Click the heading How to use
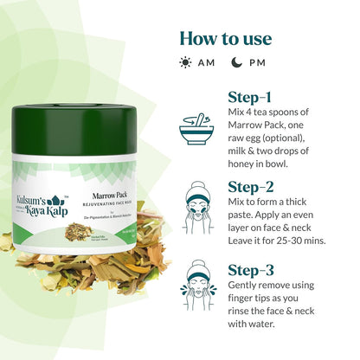[x=225, y=38]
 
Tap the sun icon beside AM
[x=185, y=62]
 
